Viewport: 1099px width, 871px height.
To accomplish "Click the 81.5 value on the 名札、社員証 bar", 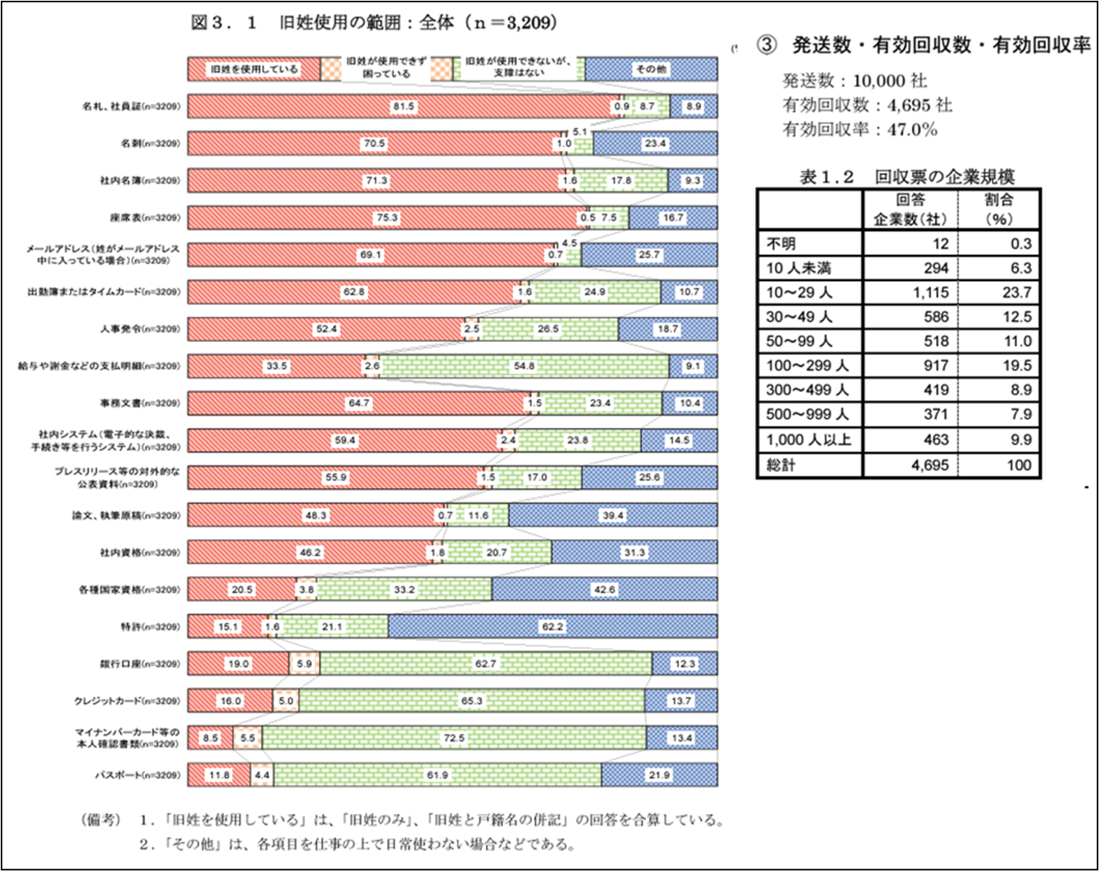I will pos(404,106).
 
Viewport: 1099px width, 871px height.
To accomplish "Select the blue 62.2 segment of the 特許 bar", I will pos(552,627).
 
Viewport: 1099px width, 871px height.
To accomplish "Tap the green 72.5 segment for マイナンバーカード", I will pos(454,738).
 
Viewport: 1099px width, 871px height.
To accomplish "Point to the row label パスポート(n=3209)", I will pos(137,775).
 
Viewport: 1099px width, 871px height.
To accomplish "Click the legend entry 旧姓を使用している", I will pos(254,69).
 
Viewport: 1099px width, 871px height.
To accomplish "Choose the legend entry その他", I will pos(651,69).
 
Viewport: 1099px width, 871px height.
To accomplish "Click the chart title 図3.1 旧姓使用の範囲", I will pos(374,22).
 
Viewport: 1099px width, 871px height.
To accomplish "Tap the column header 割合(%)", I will pos(999,209).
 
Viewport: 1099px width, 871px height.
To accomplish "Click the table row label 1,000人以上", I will pos(809,440).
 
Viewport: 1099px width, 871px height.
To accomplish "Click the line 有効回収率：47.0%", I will pos(859,129).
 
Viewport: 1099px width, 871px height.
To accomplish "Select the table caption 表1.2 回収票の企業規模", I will pos(906,177).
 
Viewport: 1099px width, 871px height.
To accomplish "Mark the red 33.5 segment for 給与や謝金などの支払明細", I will pos(276,366).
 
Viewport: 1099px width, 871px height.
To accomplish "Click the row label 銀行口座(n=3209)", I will pos(139,664).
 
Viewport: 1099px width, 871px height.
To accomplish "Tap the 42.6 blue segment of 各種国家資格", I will pos(604,590).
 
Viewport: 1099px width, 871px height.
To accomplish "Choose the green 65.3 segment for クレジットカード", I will pos(471,701).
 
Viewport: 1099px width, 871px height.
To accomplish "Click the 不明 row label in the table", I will pos(781,244).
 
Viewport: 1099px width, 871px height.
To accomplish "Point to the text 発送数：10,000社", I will pos(854,81).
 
